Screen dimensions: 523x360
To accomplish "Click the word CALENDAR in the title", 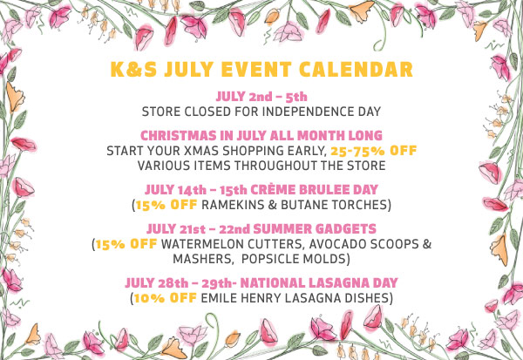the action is [x=356, y=69].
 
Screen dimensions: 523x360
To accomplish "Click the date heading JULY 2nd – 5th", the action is [x=261, y=97].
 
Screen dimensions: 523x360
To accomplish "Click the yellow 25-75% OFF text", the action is [x=374, y=151].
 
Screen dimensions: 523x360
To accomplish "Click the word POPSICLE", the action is [x=268, y=259].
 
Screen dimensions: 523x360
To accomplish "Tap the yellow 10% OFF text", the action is [x=165, y=297].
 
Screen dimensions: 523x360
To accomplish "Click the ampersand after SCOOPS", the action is [x=427, y=244].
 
